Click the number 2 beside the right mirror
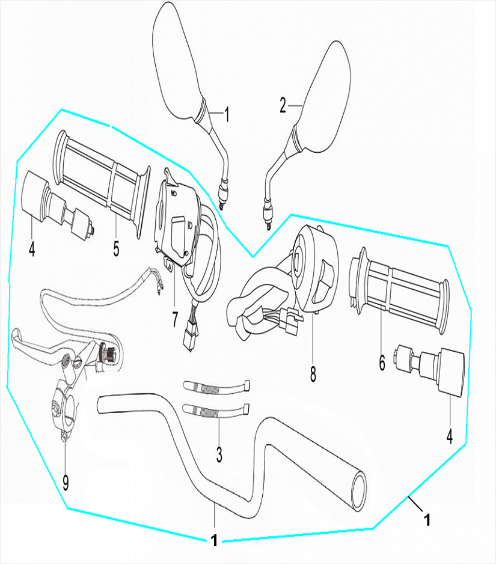click(283, 106)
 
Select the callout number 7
click(174, 319)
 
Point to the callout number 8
click(313, 373)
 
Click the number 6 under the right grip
click(381, 363)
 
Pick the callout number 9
click(66, 482)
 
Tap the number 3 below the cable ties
click(219, 455)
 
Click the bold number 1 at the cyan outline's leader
click(427, 519)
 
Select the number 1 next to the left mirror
click(227, 114)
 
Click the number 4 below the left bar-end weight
click(32, 248)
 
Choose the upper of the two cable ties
click(216, 387)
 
